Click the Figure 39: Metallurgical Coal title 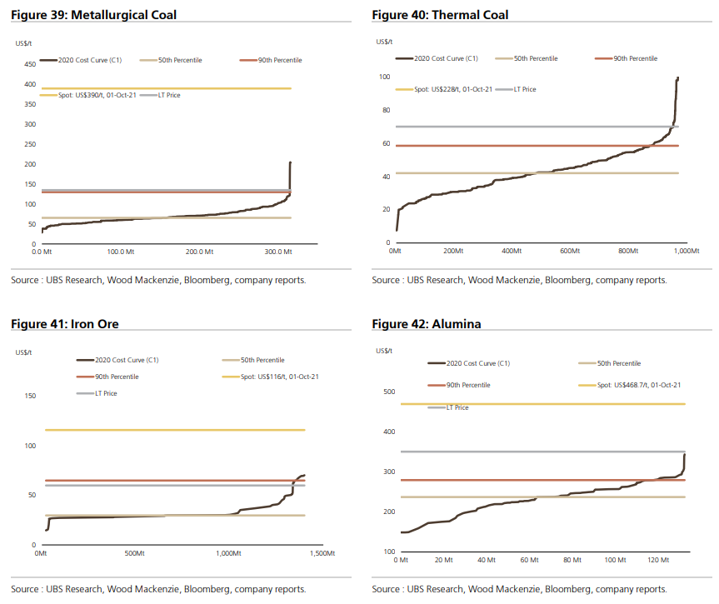coord(93,15)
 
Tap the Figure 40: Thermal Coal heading coord(440,15)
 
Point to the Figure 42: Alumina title coord(427,323)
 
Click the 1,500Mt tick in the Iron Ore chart coord(322,553)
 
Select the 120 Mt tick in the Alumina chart coord(658,561)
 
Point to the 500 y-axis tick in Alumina coord(387,392)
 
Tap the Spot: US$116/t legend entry coord(280,377)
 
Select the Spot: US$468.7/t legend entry coord(635,385)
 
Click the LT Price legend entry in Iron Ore coord(105,393)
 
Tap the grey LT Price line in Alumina coord(542,452)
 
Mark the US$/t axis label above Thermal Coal coord(384,42)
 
